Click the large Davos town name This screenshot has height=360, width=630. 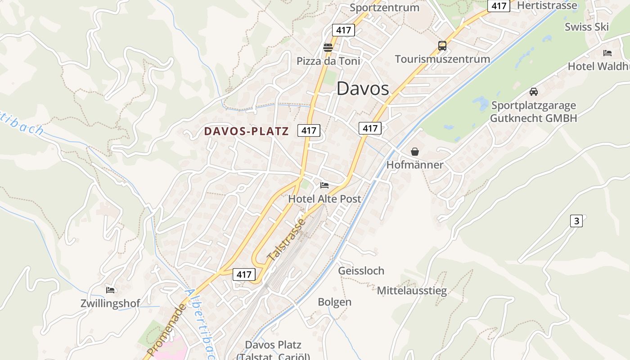tap(363, 89)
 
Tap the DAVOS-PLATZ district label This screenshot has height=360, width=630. tap(246, 131)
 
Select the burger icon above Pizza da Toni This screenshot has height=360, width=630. tap(328, 47)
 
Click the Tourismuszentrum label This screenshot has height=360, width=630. tap(442, 59)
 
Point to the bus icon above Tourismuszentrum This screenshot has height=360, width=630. tap(442, 45)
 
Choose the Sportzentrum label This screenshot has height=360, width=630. tap(384, 8)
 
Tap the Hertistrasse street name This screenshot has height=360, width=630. tap(547, 5)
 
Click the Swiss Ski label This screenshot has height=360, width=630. tap(587, 27)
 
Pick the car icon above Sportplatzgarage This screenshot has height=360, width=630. tap(534, 92)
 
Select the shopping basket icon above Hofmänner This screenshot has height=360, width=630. tap(415, 152)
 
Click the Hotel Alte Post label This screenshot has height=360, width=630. tap(324, 198)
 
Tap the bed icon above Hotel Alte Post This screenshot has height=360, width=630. tap(324, 185)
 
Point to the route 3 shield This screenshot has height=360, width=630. tap(576, 221)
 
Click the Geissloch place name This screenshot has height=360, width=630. tap(361, 270)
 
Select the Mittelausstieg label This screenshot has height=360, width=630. tap(412, 290)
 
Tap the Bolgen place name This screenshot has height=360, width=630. tap(335, 302)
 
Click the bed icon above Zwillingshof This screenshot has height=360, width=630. tap(110, 290)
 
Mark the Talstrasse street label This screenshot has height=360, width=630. tap(286, 239)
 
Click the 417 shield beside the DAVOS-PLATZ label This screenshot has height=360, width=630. tap(309, 130)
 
